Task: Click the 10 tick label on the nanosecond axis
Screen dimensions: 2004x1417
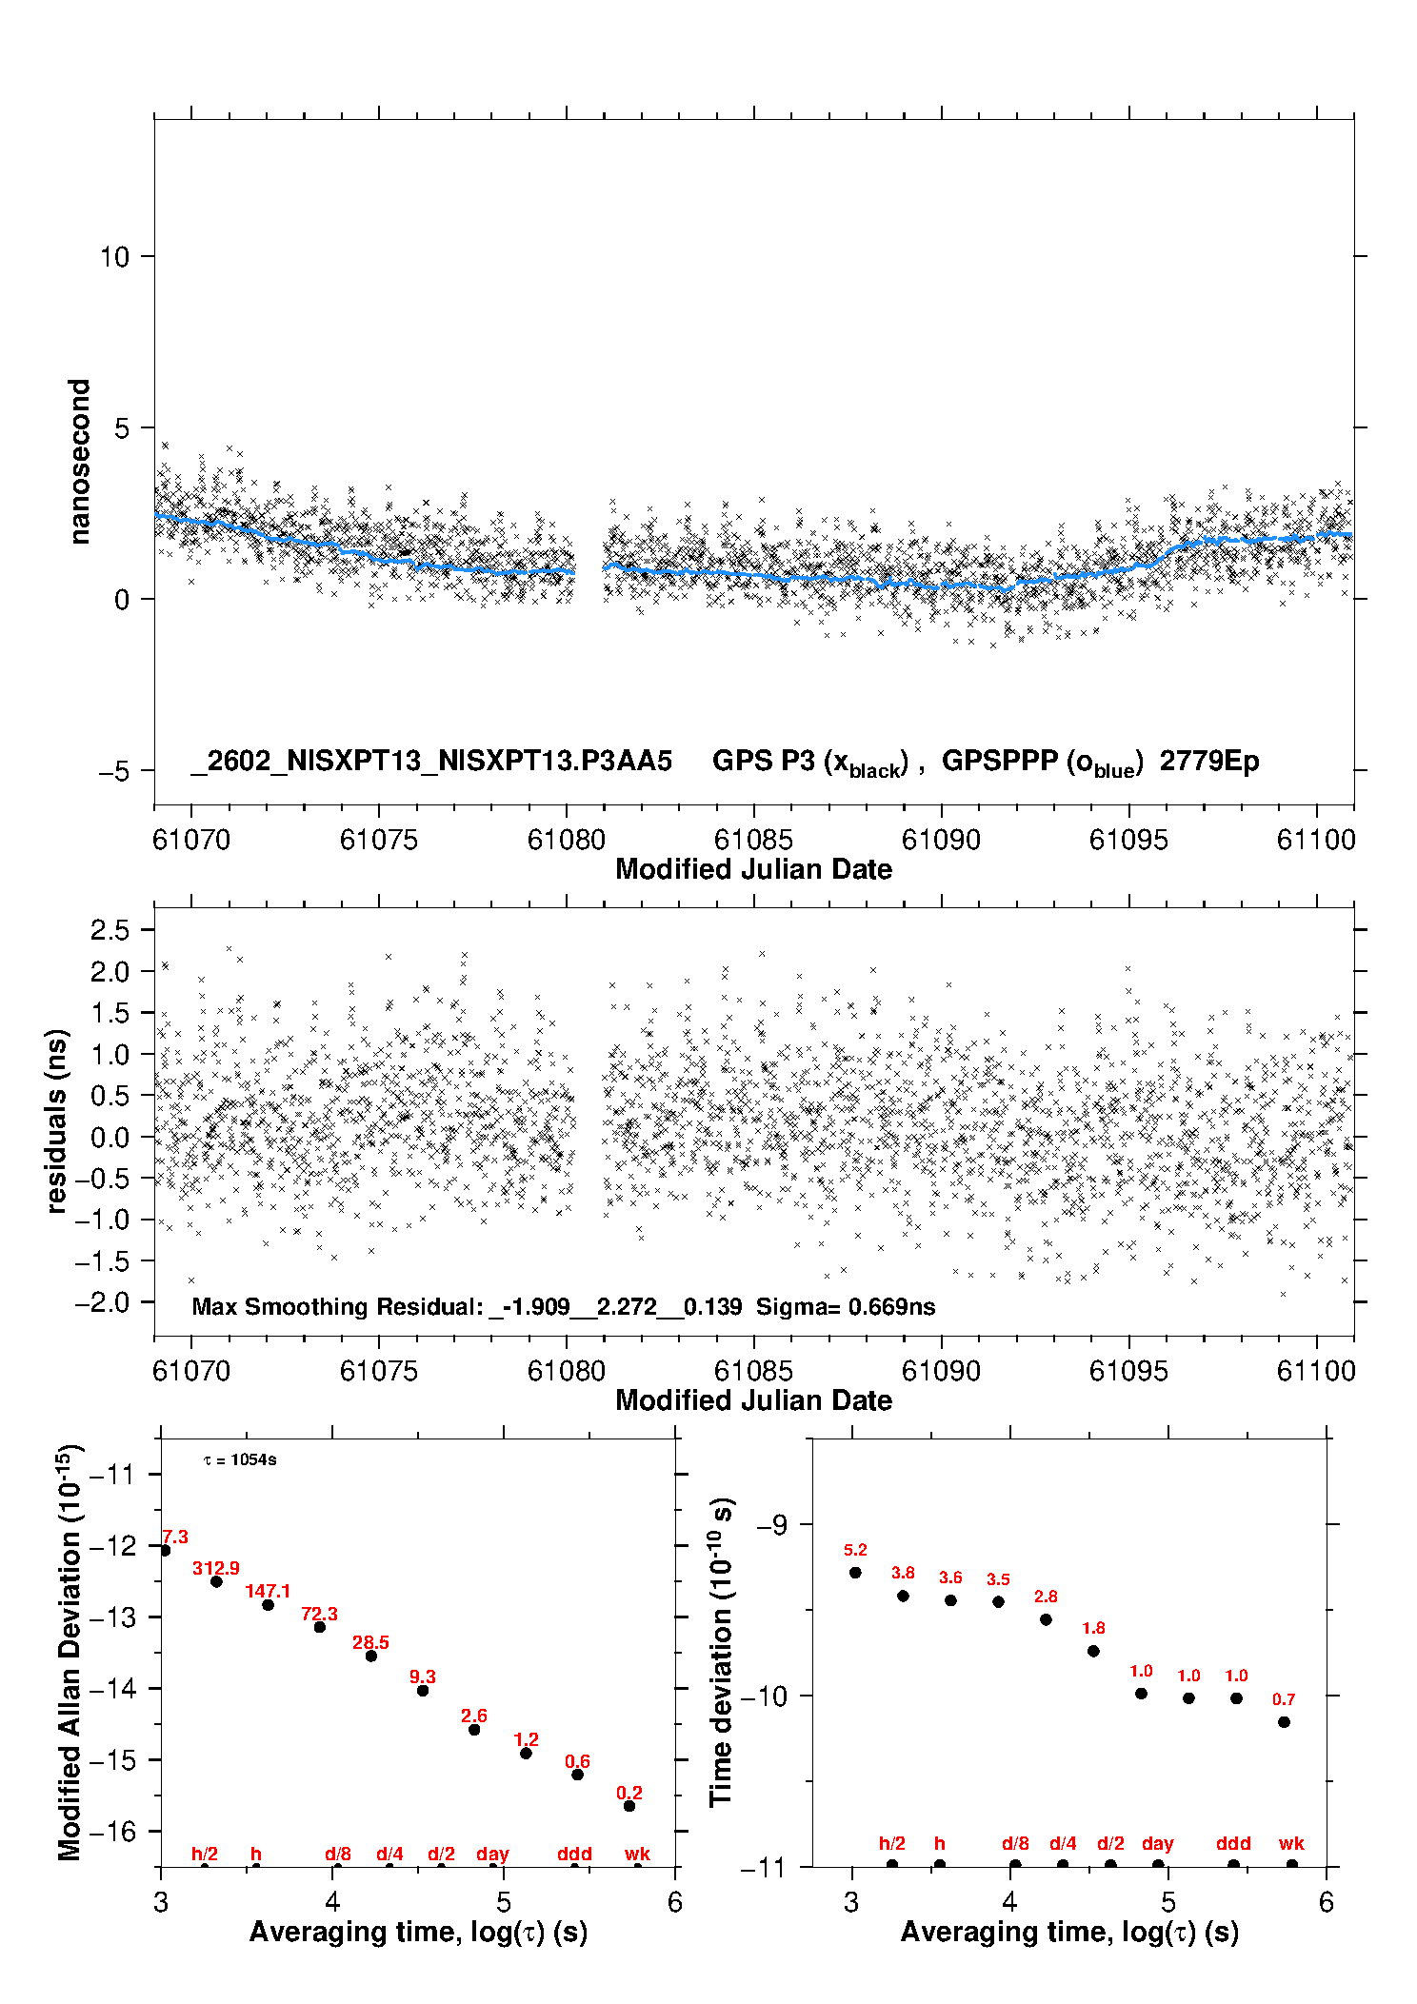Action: [x=114, y=257]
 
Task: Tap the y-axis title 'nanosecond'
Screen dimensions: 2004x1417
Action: [x=80, y=462]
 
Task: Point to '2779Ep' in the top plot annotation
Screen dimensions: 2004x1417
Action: [x=1209, y=762]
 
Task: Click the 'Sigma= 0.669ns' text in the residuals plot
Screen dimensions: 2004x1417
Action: [x=846, y=1306]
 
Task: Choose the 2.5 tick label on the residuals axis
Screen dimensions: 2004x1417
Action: [x=110, y=930]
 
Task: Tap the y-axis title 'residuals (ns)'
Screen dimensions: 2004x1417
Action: [x=57, y=1121]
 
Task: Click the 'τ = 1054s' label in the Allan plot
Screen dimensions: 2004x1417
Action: [x=240, y=1460]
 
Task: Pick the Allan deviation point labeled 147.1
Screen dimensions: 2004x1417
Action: [x=269, y=1605]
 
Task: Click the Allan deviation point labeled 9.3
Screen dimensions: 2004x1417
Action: [x=423, y=1691]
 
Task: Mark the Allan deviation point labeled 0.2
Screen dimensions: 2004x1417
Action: [x=629, y=1806]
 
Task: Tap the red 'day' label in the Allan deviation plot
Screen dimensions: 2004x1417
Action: [x=492, y=1854]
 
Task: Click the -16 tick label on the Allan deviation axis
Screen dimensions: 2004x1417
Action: [x=111, y=1831]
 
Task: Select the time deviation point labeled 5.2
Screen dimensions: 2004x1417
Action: [x=855, y=1573]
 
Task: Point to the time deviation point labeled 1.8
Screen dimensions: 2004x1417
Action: [x=1093, y=1651]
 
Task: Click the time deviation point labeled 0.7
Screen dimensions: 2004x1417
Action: [x=1284, y=1722]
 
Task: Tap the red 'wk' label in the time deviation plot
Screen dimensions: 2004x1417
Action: [x=1291, y=1844]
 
